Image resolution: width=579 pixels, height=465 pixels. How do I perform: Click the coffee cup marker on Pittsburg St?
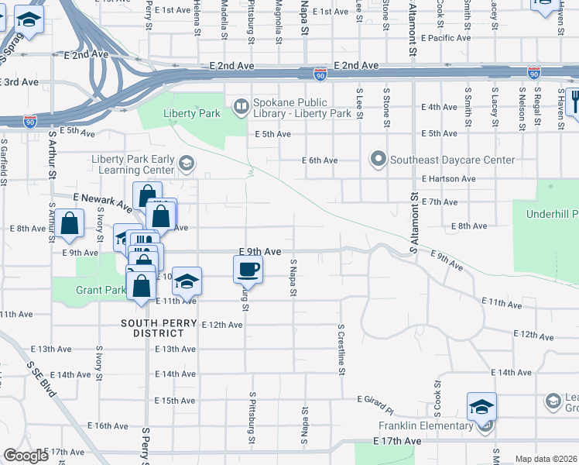[248, 269]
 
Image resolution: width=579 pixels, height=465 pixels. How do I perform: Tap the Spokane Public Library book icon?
[242, 105]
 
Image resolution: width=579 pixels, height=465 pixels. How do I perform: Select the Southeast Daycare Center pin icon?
[379, 160]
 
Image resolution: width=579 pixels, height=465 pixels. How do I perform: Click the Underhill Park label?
[551, 214]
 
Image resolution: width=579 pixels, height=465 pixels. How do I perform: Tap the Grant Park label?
[101, 291]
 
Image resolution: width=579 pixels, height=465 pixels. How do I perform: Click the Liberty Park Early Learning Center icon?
[186, 164]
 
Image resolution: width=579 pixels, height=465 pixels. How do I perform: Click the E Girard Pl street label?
[375, 399]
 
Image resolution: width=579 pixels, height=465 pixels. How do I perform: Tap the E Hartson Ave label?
[449, 178]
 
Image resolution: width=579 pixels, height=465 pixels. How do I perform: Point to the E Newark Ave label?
[102, 202]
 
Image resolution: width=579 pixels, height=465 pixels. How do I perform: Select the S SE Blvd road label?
[44, 381]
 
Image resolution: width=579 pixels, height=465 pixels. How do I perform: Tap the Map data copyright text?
[546, 459]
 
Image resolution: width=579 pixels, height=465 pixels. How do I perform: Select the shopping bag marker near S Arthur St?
[70, 223]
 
